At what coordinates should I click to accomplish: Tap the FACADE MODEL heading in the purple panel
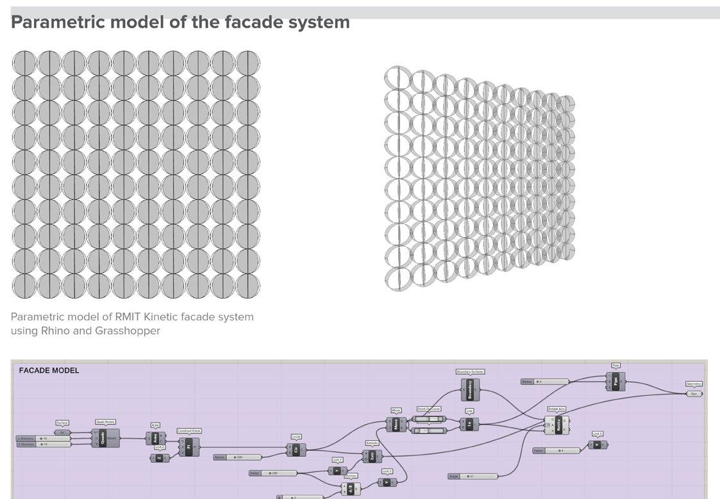(49, 370)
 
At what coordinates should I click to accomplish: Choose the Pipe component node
(615, 381)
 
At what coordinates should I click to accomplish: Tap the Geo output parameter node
(694, 393)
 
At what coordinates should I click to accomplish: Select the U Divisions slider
(42, 438)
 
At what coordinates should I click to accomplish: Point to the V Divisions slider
(42, 444)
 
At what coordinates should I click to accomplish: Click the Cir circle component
(296, 450)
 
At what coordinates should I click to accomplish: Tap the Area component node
(155, 439)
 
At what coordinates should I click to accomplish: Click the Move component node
(396, 424)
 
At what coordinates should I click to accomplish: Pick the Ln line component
(469, 424)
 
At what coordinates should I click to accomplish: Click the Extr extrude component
(372, 456)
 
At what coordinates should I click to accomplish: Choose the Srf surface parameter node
(62, 432)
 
